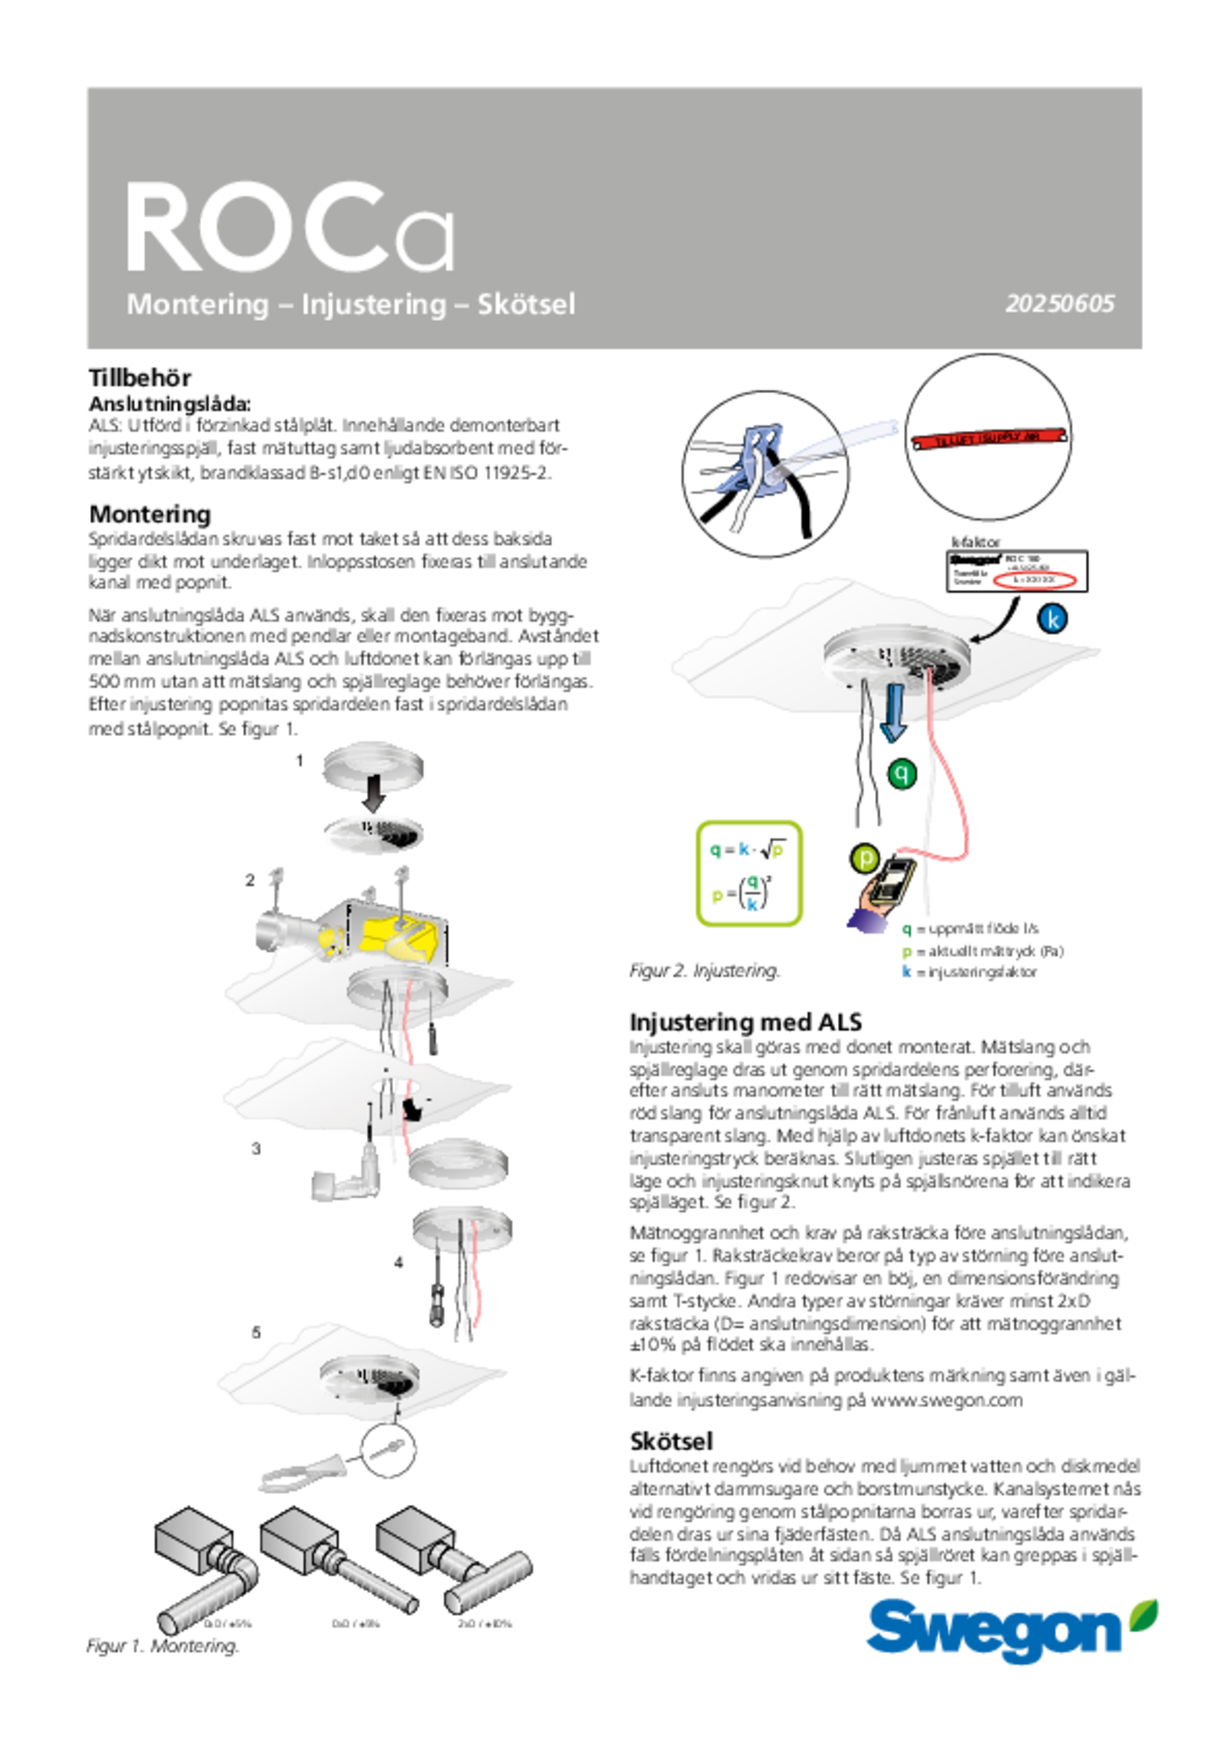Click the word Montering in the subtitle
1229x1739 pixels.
[x=197, y=304]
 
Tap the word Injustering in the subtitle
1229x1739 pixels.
[x=373, y=304]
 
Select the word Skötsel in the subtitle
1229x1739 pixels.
[x=526, y=304]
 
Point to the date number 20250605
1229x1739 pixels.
[x=1059, y=304]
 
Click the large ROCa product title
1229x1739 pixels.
[x=290, y=227]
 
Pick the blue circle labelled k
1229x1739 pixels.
[x=1053, y=618]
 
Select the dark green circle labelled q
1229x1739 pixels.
[x=902, y=773]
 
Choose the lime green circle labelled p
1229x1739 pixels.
[x=865, y=858]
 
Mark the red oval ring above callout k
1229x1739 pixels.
[x=1034, y=579]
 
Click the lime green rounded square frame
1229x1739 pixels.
[x=749, y=873]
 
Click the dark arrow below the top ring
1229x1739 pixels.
[x=375, y=793]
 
